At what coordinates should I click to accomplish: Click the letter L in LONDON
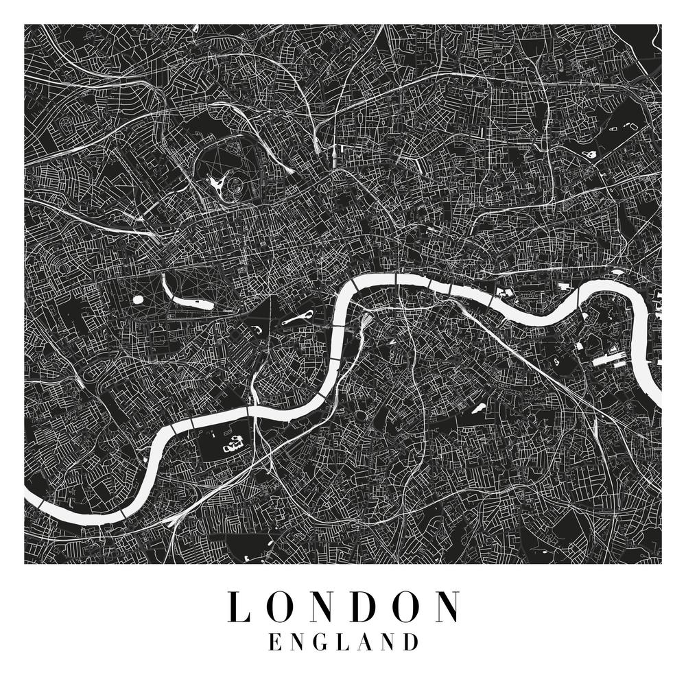(x=237, y=606)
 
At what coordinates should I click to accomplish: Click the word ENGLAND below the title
(x=344, y=643)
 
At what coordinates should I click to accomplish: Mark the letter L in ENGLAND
(x=344, y=643)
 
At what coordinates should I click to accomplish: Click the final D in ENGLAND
(x=411, y=643)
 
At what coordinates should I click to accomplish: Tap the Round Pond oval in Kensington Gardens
(x=138, y=300)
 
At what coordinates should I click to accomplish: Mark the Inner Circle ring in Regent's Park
(x=235, y=185)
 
